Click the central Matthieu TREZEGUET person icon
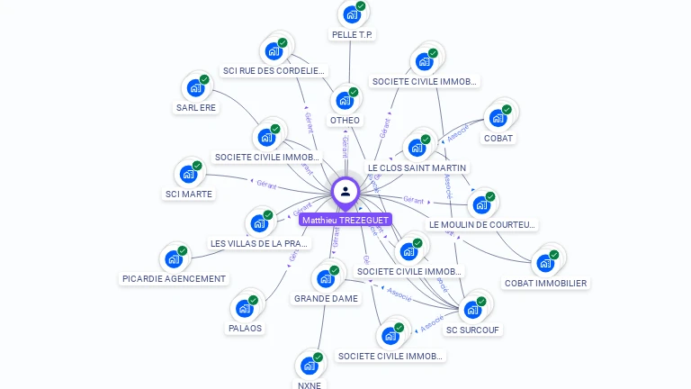345,191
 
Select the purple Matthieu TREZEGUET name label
345,220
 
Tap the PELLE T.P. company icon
352,14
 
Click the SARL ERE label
196,108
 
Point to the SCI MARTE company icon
189,174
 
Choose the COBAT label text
498,139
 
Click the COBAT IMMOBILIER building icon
545,263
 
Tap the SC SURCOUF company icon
472,309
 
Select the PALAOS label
245,328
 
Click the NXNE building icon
310,366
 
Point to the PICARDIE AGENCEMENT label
174,279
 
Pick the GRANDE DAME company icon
326,278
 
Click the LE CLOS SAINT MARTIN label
417,168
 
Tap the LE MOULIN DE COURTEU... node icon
482,204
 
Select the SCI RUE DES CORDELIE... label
273,71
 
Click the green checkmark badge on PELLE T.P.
361,6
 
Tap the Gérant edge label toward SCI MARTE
266,184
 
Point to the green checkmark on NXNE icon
318,357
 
